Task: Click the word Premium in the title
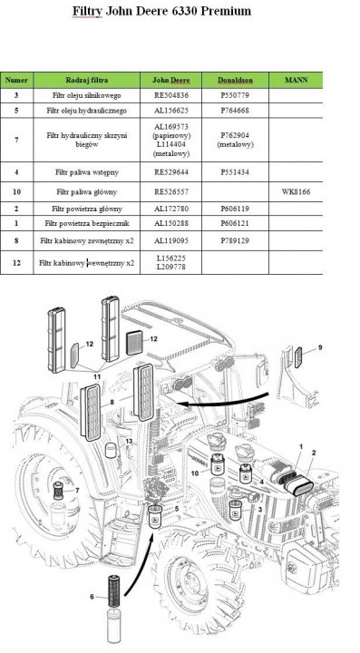pos(226,11)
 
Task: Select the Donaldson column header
pos(235,80)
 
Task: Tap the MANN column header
pos(296,80)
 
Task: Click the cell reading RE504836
pos(171,95)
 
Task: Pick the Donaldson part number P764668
pos(235,111)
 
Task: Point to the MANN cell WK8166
pos(296,192)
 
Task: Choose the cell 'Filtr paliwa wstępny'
pos(86,172)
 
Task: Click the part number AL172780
pos(171,209)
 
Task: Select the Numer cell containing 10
pos(16,192)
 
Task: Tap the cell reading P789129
pos(235,240)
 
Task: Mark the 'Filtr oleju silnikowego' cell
pos(86,95)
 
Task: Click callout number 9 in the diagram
pos(320,347)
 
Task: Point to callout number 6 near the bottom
pos(92,597)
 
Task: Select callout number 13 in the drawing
pos(129,442)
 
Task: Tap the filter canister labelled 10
pos(217,465)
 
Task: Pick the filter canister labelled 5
pos(155,516)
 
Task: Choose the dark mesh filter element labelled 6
pos(114,591)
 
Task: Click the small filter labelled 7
pos(59,491)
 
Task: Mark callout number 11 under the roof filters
pos(97,376)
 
